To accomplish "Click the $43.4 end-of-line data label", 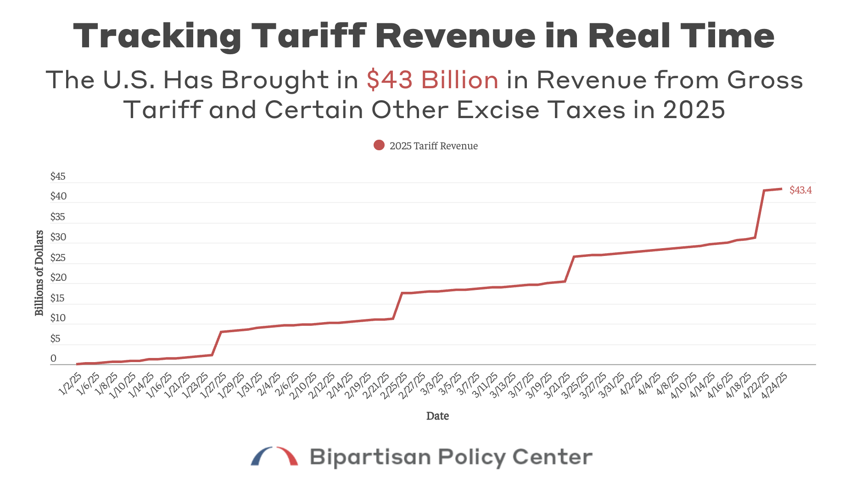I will [x=800, y=190].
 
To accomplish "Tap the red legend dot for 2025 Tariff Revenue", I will [x=379, y=146].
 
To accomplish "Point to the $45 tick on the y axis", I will [x=58, y=176].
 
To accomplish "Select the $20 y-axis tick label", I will [x=58, y=278].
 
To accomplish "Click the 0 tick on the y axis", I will [x=54, y=358].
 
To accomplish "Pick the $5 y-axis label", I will [x=55, y=339].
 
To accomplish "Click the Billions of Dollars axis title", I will [x=39, y=273].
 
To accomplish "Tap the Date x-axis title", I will [x=437, y=416].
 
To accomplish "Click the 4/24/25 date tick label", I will [x=775, y=385].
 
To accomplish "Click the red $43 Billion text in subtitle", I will [x=432, y=80].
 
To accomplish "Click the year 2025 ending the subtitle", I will [x=693, y=110].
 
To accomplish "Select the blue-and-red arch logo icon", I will [x=274, y=456].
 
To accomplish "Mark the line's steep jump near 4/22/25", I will [x=760, y=214].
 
